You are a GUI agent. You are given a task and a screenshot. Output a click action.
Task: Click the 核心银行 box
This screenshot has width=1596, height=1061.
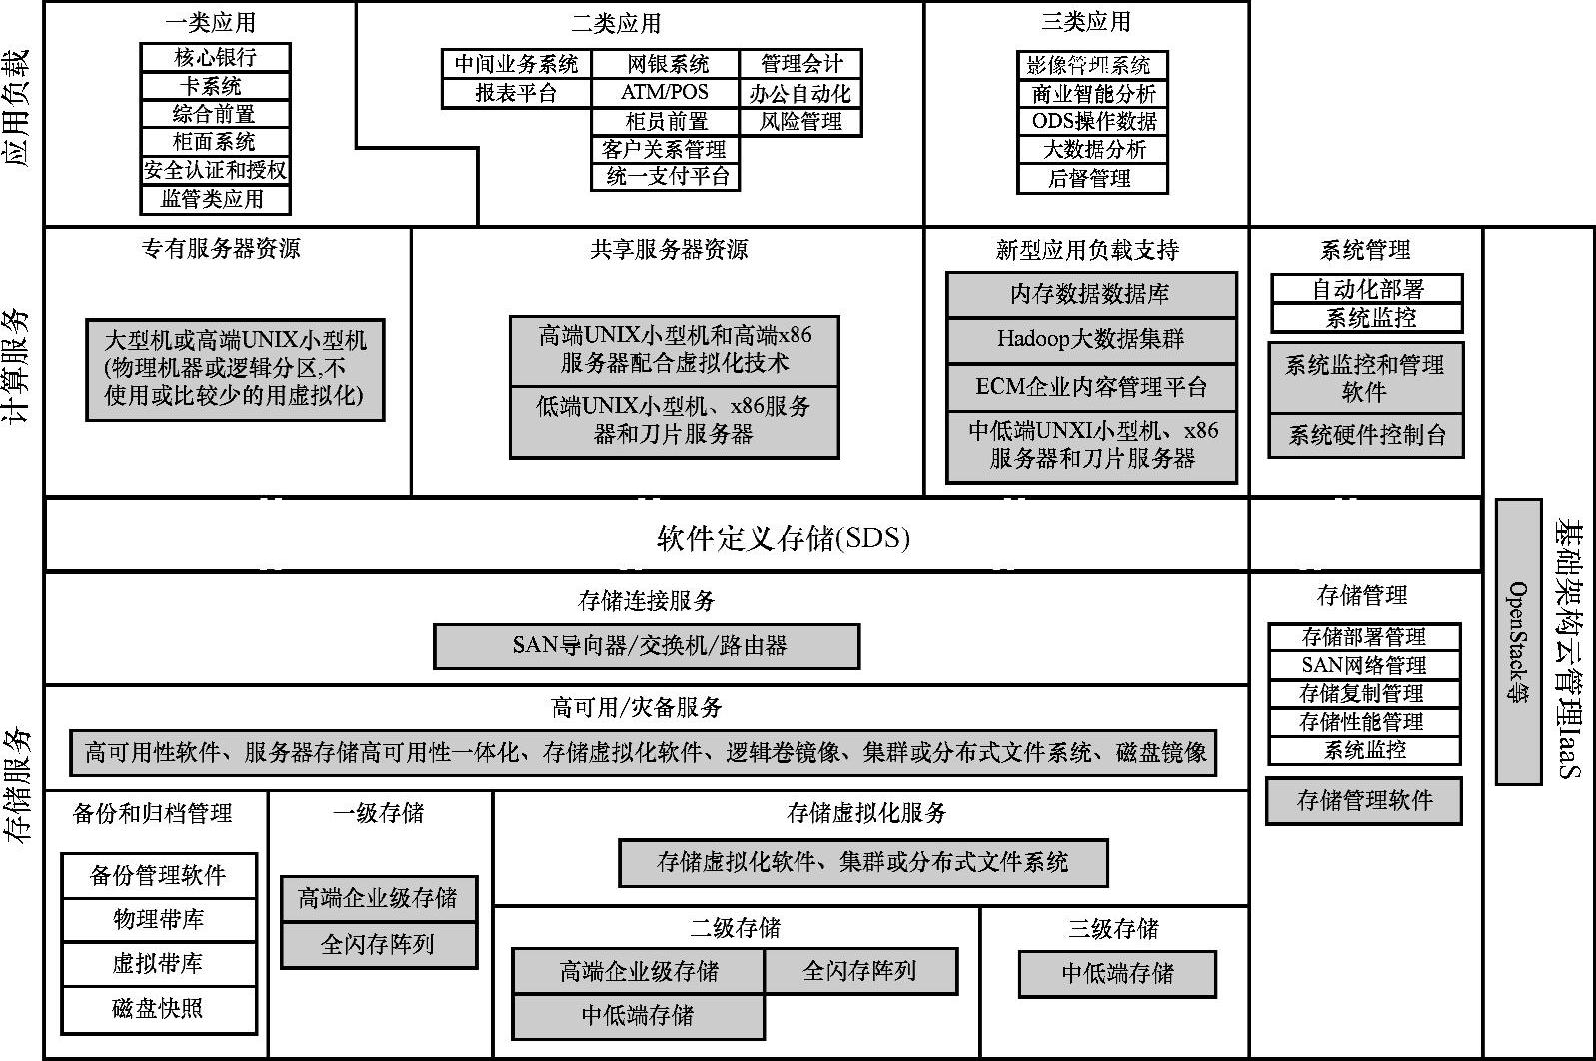(x=215, y=57)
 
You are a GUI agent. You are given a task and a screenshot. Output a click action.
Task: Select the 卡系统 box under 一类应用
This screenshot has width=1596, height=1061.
(x=215, y=86)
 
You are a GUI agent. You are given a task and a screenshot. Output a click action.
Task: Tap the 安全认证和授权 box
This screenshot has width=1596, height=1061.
(x=215, y=170)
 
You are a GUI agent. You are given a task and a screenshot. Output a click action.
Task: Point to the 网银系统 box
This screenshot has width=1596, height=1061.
(x=667, y=65)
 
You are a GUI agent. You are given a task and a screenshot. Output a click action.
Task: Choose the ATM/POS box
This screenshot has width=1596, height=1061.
(x=665, y=93)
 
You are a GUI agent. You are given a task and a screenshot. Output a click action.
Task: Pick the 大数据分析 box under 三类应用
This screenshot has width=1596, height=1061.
(x=1093, y=150)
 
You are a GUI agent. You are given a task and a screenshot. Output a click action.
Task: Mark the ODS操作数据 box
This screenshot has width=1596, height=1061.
(x=1093, y=122)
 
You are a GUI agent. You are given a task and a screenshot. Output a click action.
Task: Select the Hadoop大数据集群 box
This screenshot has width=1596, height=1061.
(x=1091, y=340)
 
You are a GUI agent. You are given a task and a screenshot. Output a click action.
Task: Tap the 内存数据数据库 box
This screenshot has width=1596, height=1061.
(x=1091, y=295)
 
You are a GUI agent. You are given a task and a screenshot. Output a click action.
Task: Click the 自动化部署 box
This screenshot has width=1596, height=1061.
(x=1367, y=290)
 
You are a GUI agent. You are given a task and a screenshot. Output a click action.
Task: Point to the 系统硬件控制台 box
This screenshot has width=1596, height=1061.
(x=1366, y=436)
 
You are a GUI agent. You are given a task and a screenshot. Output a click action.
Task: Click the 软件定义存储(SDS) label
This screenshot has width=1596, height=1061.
(x=783, y=539)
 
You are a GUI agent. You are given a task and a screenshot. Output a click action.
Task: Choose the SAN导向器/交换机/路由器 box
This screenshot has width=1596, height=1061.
(x=648, y=646)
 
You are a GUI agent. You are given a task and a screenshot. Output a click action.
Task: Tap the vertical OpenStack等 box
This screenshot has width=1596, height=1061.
(x=1518, y=641)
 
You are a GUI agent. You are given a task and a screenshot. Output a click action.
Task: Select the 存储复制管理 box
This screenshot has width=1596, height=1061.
(x=1364, y=694)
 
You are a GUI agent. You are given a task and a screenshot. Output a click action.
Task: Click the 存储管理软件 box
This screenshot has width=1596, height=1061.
(x=1364, y=801)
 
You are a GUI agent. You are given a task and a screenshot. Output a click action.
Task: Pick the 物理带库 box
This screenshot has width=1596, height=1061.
(x=159, y=920)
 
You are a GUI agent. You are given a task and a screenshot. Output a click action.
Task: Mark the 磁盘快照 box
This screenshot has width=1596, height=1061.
(x=159, y=1009)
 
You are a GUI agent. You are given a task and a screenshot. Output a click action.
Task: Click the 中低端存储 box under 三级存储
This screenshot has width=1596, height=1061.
(x=1117, y=974)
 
